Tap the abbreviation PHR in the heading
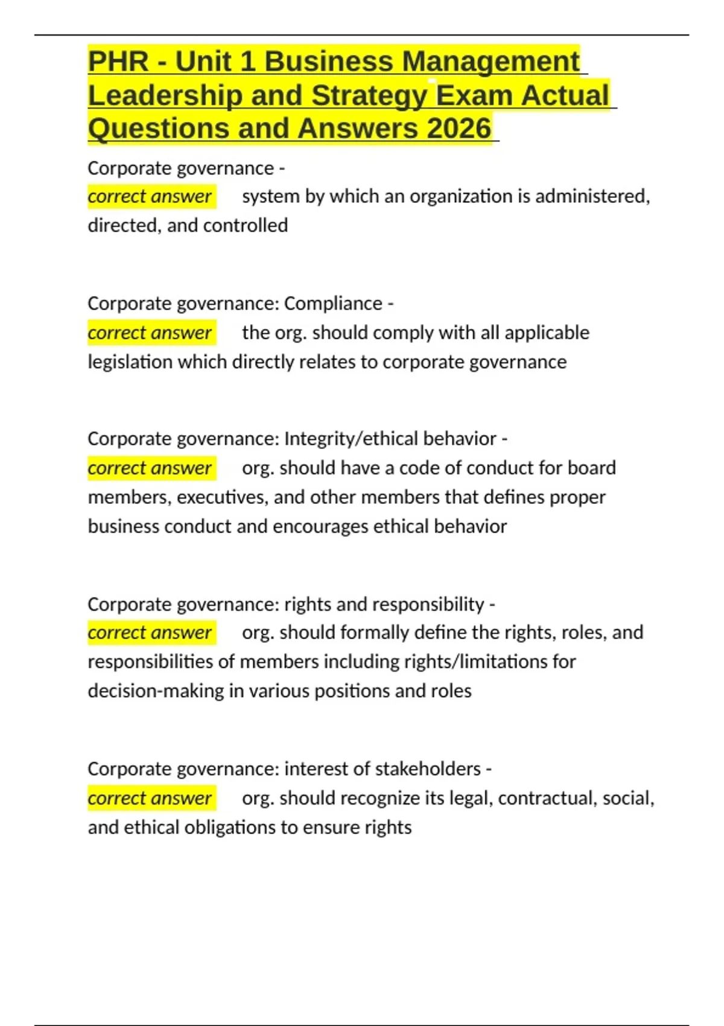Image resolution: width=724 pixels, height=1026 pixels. (x=118, y=62)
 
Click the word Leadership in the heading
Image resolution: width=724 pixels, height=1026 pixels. (x=165, y=95)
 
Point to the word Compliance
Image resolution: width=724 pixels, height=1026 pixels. (x=333, y=303)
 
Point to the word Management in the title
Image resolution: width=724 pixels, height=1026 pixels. (x=491, y=62)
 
